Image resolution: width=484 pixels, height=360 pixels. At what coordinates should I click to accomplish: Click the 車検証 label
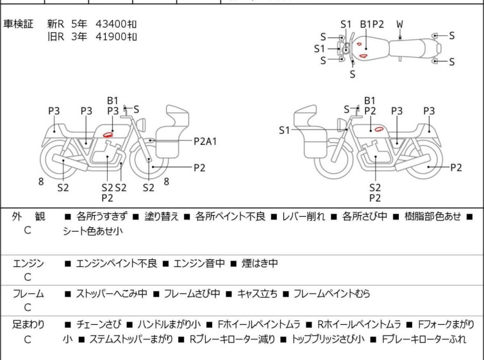20,24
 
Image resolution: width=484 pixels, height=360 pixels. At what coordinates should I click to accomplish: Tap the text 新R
56,24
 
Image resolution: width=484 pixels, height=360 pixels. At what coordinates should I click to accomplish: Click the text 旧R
56,37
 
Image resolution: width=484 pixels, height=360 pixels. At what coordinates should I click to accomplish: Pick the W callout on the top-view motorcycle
399,24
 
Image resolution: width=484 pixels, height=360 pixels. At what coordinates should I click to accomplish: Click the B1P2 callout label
371,24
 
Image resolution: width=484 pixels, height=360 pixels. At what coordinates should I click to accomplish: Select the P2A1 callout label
206,140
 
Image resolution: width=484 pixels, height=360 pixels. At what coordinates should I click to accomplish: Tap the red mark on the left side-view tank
108,134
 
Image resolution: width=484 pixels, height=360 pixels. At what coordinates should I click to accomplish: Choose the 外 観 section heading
28,217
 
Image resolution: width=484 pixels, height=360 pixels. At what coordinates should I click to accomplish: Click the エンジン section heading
28,263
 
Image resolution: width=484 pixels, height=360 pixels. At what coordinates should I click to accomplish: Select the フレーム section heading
28,294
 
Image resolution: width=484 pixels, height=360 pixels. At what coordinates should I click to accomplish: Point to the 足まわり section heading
28,325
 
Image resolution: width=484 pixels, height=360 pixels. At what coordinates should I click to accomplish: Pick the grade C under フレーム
28,308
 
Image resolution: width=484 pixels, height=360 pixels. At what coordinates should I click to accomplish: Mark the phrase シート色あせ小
92,230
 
